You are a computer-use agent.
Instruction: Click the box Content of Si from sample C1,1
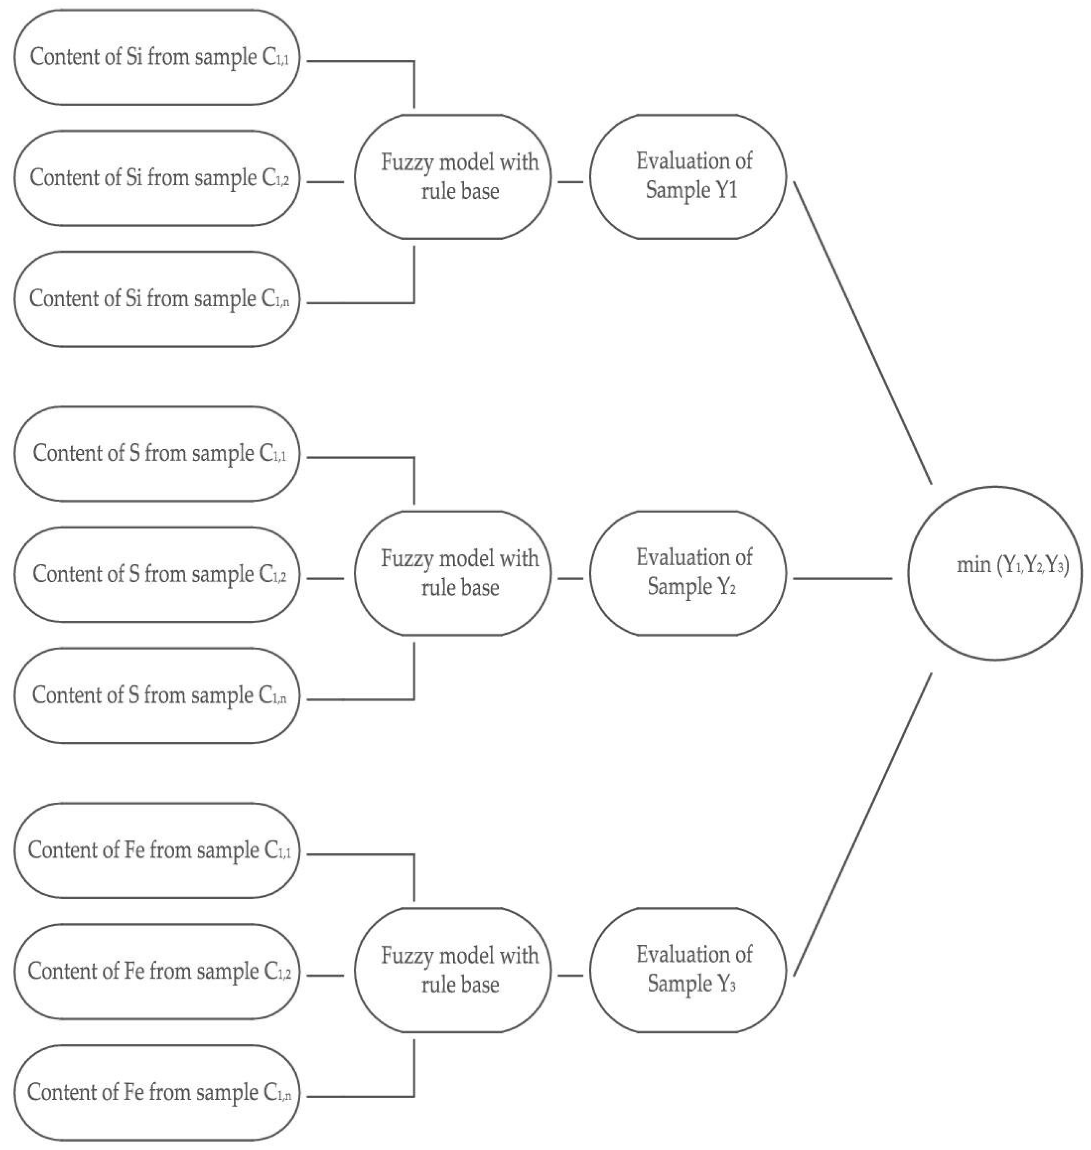(x=157, y=57)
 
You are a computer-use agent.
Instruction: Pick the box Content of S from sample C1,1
(x=157, y=454)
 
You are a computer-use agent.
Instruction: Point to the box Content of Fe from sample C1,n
(x=157, y=1093)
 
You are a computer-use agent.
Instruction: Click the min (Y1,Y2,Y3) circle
(x=995, y=573)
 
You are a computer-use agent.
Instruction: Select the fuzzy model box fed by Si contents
(x=453, y=176)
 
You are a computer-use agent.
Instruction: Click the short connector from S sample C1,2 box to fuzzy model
(x=326, y=579)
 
